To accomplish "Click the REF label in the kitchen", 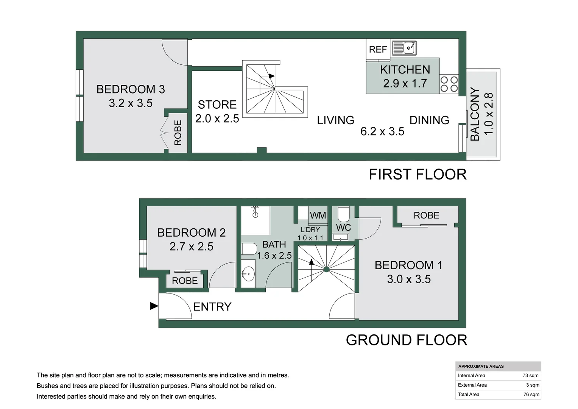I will tap(378, 49).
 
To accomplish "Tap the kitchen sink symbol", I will tap(404, 48).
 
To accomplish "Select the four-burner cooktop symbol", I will tap(449, 84).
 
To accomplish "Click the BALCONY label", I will tap(475, 114).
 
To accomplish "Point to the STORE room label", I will tap(217, 105).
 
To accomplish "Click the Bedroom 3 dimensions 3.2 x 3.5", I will tap(131, 103).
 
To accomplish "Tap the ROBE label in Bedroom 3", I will tap(178, 133).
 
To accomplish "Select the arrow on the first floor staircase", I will tap(271, 76).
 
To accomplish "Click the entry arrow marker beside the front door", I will tap(154, 306).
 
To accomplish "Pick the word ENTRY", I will tap(212, 307).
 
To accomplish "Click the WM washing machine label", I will tap(318, 215).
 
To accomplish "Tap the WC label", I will tap(343, 228).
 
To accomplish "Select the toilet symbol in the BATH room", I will tap(249, 249).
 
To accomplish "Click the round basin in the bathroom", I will tap(248, 273).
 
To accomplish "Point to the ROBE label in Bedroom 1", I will tap(426, 215).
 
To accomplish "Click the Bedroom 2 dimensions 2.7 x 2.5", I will tap(191, 247).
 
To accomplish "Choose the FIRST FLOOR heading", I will tap(418, 175).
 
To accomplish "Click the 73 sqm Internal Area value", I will tap(531, 376).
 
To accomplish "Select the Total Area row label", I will tap(469, 395).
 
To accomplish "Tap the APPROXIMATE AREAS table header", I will tap(481, 366).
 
